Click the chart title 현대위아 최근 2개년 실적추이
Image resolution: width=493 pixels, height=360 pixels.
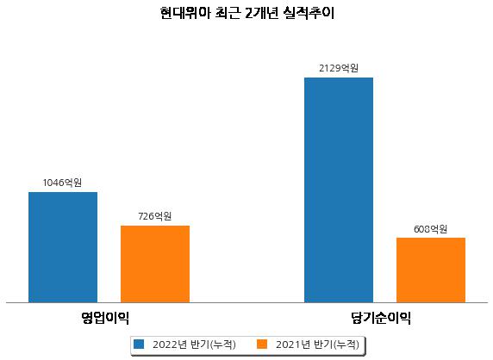246,13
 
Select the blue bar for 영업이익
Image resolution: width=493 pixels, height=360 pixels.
63,247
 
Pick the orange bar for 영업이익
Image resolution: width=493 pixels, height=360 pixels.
155,264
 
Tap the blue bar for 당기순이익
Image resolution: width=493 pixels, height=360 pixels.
339,190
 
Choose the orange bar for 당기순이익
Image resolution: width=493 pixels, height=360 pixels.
431,270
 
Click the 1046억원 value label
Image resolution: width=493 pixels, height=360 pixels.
62,183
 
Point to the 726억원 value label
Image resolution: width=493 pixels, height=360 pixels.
154,216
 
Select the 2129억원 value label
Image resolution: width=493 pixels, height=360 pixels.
339,68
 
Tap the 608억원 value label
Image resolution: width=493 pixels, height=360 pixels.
430,229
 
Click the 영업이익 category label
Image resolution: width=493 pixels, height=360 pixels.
105,318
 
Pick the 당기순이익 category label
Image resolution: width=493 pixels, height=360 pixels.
381,318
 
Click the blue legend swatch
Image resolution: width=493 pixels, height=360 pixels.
139,344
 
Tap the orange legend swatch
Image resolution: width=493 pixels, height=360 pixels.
262,344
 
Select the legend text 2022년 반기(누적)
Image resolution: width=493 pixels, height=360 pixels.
194,344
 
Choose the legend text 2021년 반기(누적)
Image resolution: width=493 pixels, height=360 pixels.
317,344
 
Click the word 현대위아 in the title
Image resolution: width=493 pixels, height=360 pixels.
184,13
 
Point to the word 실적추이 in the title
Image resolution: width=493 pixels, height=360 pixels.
309,13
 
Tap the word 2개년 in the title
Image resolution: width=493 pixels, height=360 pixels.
261,13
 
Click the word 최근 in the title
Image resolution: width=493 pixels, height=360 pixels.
228,13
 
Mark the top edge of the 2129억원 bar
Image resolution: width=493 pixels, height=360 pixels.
339,78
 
